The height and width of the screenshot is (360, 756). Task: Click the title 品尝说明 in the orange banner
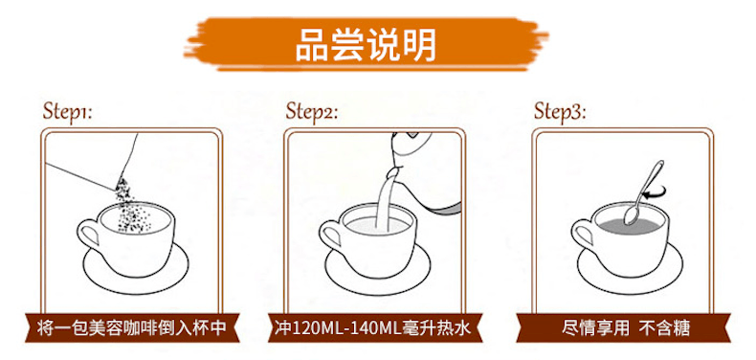[x=366, y=45]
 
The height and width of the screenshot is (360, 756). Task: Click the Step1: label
[x=67, y=111]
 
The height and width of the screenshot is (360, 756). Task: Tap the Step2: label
[x=311, y=111]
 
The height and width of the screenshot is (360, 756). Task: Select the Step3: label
[x=560, y=111]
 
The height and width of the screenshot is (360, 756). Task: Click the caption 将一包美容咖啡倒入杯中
[x=132, y=327]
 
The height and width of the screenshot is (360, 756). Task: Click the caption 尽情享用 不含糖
[x=626, y=327]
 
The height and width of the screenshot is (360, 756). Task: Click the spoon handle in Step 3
[x=650, y=184]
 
